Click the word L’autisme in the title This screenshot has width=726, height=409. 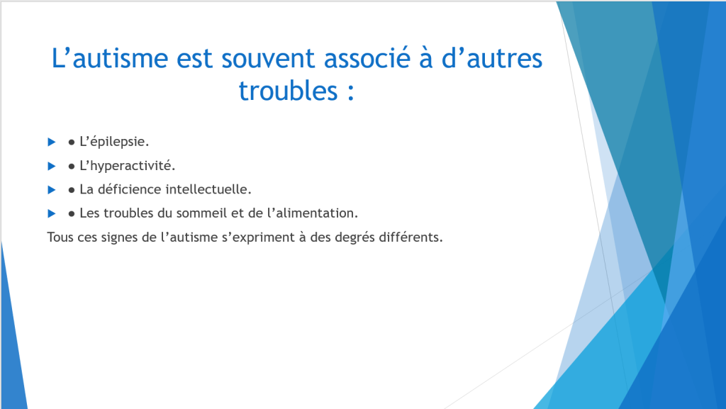pyautogui.click(x=110, y=58)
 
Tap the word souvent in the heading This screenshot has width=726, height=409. pyautogui.click(x=269, y=58)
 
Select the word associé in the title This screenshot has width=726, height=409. pyautogui.click(x=367, y=58)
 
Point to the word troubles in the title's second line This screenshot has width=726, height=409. pyautogui.click(x=288, y=90)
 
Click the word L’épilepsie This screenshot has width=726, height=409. pyautogui.click(x=114, y=142)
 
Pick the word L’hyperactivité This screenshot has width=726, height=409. pyautogui.click(x=128, y=166)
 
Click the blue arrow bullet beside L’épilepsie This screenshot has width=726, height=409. pyautogui.click(x=51, y=142)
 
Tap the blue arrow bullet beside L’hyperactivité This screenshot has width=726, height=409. pyautogui.click(x=51, y=166)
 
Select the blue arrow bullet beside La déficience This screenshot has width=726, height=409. pyautogui.click(x=51, y=190)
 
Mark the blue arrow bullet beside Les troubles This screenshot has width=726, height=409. pyautogui.click(x=51, y=213)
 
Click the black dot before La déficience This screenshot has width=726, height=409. pyautogui.click(x=72, y=190)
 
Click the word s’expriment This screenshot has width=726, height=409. pyautogui.click(x=258, y=237)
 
